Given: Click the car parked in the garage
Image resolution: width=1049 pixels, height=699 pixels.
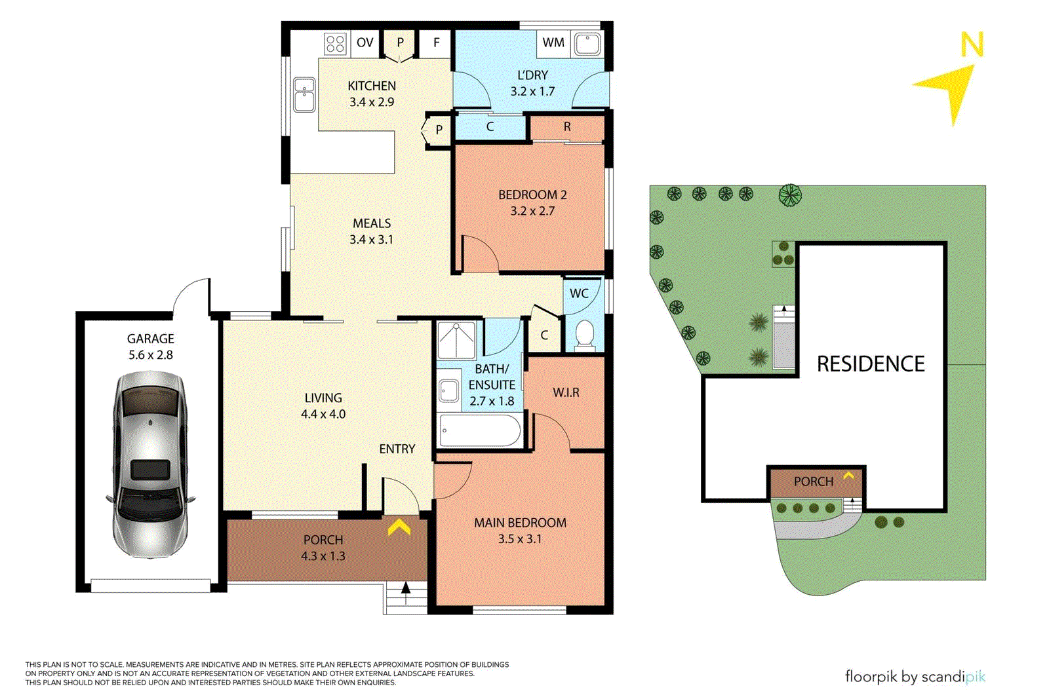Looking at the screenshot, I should click(151, 464).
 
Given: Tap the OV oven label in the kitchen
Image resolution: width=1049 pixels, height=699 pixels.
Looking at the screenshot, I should click(365, 43).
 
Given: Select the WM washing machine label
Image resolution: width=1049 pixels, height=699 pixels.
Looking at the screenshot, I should click(553, 43).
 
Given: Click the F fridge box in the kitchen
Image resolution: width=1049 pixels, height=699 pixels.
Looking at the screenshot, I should click(436, 43).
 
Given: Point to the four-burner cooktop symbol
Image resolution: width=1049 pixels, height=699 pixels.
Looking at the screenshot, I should click(335, 44).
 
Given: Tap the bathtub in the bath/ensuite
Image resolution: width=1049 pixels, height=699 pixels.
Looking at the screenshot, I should click(480, 430).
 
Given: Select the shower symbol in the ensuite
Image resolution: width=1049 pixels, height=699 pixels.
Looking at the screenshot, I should click(456, 341).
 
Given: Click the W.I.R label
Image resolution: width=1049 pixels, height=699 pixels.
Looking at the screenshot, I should click(566, 392).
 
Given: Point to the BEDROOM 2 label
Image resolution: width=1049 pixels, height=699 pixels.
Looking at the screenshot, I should click(532, 195).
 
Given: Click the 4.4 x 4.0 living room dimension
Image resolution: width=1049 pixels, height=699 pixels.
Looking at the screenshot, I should click(323, 414).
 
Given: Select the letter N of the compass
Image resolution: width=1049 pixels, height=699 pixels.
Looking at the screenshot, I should click(972, 45).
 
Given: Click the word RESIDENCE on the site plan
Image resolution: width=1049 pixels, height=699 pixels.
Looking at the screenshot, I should click(870, 364).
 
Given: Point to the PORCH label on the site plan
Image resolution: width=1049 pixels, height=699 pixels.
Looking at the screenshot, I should click(813, 482).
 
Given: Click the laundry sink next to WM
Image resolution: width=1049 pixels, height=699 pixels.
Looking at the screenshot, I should click(587, 45).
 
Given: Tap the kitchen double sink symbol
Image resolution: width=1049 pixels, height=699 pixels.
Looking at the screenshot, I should click(304, 95).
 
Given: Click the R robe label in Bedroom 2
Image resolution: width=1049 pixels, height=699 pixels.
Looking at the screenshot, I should click(567, 126).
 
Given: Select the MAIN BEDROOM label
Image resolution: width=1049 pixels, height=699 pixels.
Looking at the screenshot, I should click(520, 523).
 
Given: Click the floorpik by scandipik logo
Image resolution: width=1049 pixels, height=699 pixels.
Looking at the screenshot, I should click(915, 677).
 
